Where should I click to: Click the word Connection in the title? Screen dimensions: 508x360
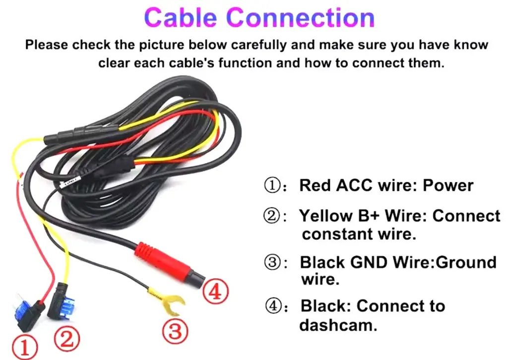[x=301, y=17]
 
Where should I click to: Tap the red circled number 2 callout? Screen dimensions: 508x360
[x=66, y=339]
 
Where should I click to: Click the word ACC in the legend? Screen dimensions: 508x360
[x=354, y=186]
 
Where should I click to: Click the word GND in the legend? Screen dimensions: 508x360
[x=369, y=262]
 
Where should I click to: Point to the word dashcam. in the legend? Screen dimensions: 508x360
[x=338, y=325]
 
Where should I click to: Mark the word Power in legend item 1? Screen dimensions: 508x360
[x=448, y=186]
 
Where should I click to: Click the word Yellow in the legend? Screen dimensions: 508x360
[x=325, y=216]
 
